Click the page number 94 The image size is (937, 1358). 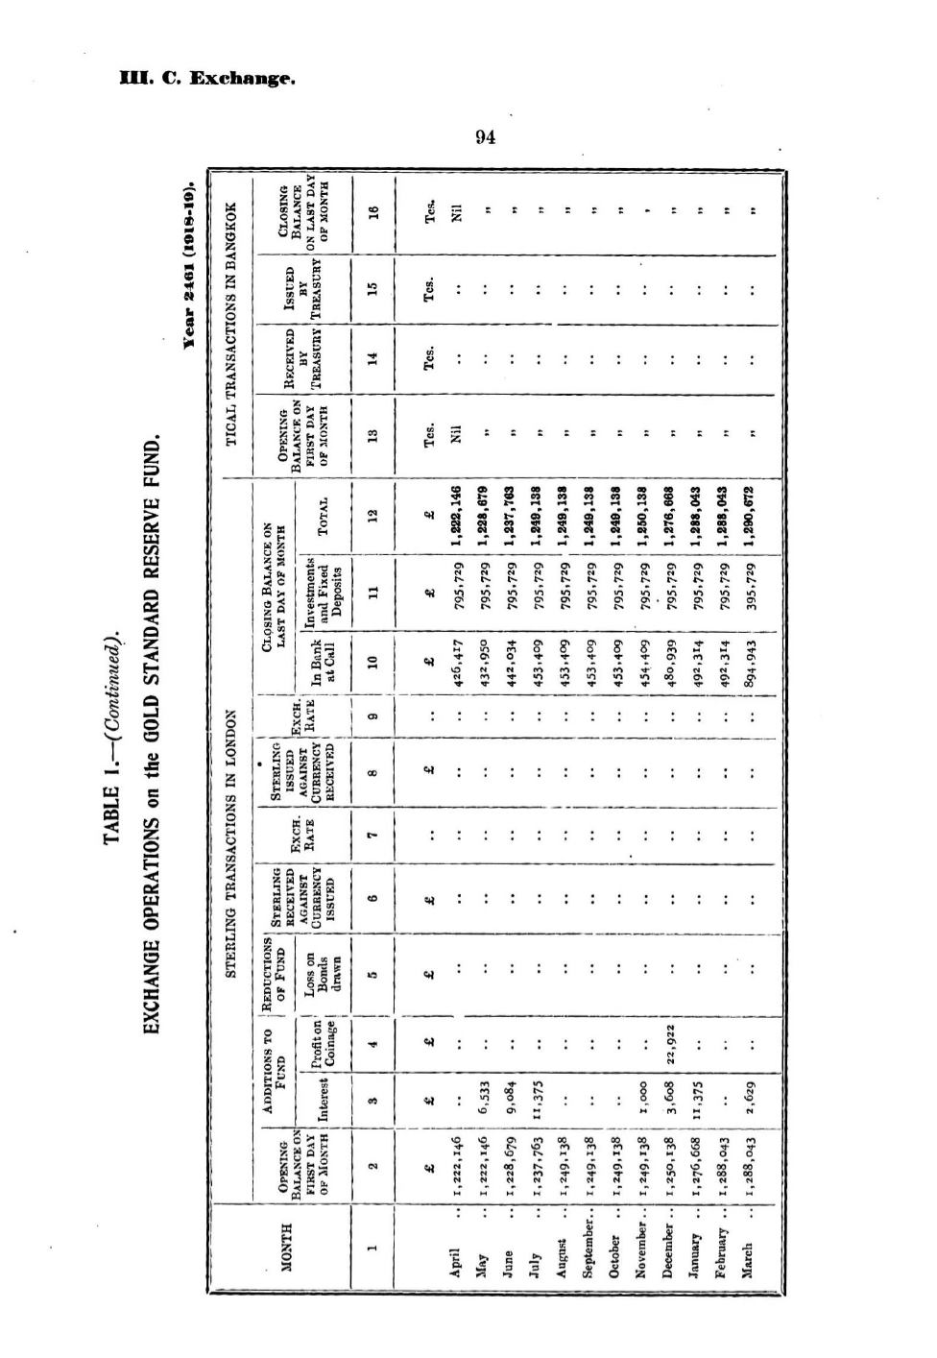(x=485, y=137)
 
